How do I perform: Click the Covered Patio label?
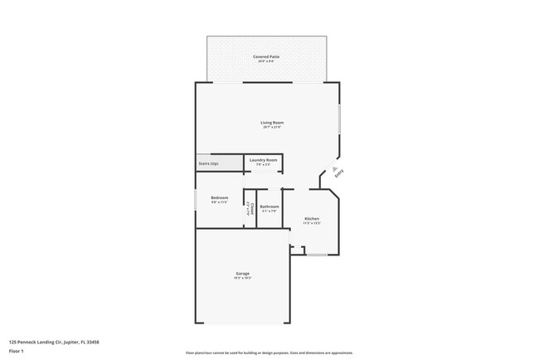tap(266, 56)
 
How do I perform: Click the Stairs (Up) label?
tap(209, 163)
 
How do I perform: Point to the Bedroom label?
tap(219, 197)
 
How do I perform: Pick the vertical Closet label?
tap(248, 208)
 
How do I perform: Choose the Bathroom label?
tap(269, 207)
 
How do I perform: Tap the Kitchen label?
tap(311, 219)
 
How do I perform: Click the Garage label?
tap(242, 273)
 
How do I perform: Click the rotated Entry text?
tap(338, 174)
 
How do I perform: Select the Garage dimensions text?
tap(242, 278)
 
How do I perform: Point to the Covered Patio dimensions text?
tap(266, 61)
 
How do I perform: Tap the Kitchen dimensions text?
tap(311, 223)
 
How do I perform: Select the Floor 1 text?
tap(17, 350)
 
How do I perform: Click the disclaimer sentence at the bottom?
tap(269, 352)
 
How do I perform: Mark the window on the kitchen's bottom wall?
tap(317, 255)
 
